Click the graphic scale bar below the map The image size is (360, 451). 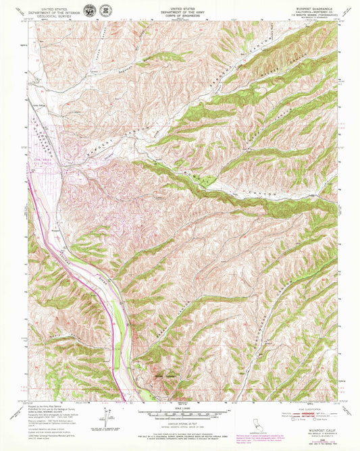180,413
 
